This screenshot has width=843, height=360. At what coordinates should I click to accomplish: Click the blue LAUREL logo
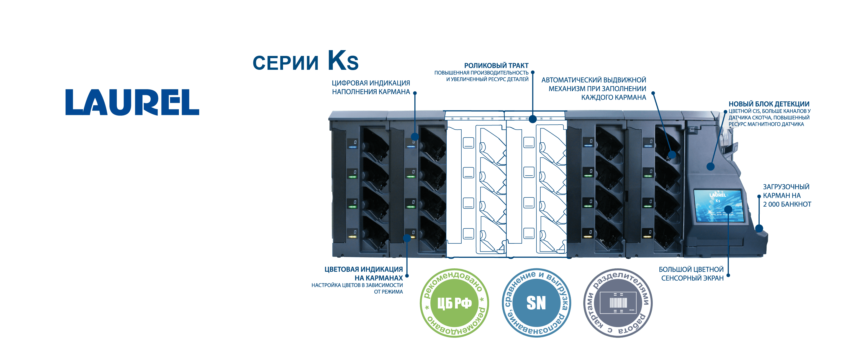pos(132,102)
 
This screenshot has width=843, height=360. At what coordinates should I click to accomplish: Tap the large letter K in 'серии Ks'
pos(337,61)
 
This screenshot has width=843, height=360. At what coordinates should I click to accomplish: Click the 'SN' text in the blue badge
pos(536,303)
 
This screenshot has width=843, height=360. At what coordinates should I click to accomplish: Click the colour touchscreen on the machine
pos(719,206)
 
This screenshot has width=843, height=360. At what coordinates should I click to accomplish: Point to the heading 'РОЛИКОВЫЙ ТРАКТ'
pos(496,65)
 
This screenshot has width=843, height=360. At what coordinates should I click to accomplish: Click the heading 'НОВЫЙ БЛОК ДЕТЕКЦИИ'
pos(769,104)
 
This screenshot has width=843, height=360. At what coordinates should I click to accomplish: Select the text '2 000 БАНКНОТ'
pos(787,204)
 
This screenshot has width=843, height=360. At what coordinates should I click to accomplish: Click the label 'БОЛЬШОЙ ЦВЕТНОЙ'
pos(691,269)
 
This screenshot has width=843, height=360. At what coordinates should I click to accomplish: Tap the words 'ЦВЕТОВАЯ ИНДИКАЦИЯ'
pos(363,269)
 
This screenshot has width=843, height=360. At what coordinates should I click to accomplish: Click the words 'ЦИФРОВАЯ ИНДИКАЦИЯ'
pos(371,83)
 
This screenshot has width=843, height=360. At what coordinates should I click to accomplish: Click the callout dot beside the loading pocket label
pos(759,196)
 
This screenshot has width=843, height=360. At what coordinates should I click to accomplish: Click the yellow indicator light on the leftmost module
pos(353,236)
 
